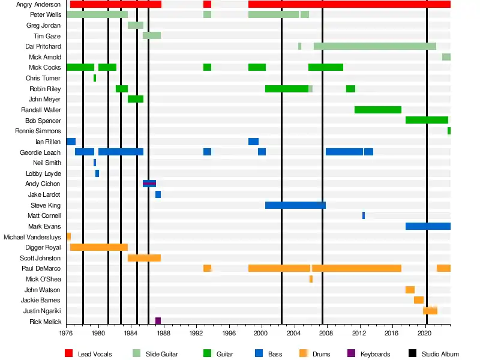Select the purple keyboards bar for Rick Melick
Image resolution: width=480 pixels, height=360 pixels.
click(x=158, y=322)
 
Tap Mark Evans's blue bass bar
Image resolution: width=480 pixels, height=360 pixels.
click(x=428, y=226)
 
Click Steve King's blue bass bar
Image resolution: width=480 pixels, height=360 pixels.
click(x=295, y=205)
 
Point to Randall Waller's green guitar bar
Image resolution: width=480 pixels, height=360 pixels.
click(x=378, y=110)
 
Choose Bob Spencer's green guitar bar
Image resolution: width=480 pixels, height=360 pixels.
click(x=427, y=120)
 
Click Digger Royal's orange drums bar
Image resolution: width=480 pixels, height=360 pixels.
click(x=99, y=247)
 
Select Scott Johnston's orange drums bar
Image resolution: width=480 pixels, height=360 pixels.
click(x=144, y=258)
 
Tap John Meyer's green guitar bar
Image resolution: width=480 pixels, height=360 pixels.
click(x=136, y=99)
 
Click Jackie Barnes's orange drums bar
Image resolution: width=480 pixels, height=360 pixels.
click(x=418, y=300)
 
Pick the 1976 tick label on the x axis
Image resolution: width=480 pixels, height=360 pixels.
click(x=66, y=332)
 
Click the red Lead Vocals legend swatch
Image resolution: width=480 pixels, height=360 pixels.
click(x=68, y=354)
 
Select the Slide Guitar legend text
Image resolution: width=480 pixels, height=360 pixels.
click(x=162, y=354)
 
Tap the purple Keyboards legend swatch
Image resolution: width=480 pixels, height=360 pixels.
click(x=351, y=354)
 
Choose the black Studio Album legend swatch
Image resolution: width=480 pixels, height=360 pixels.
click(x=412, y=354)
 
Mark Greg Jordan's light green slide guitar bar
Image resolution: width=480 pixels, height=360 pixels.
click(x=136, y=25)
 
